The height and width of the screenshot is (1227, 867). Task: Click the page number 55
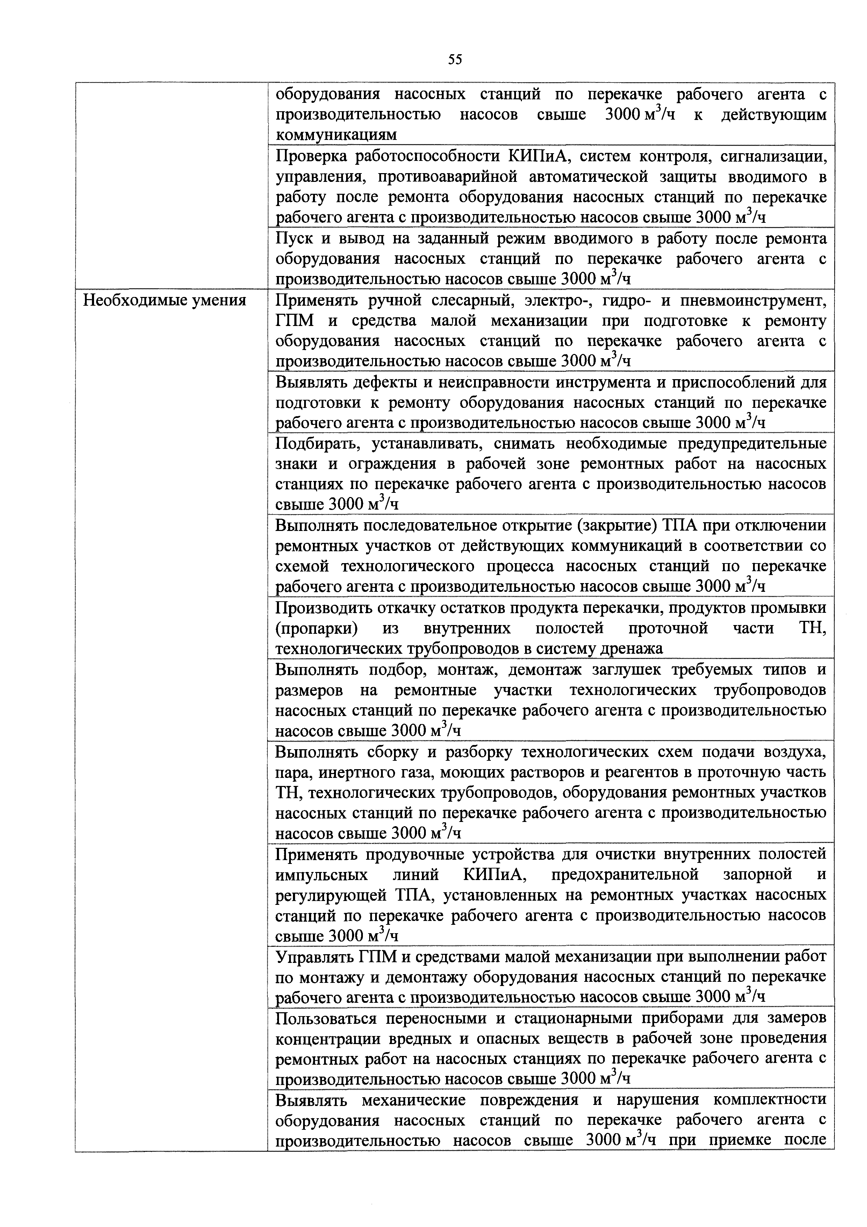[454, 59]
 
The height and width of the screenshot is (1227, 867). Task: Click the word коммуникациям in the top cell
[336, 135]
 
